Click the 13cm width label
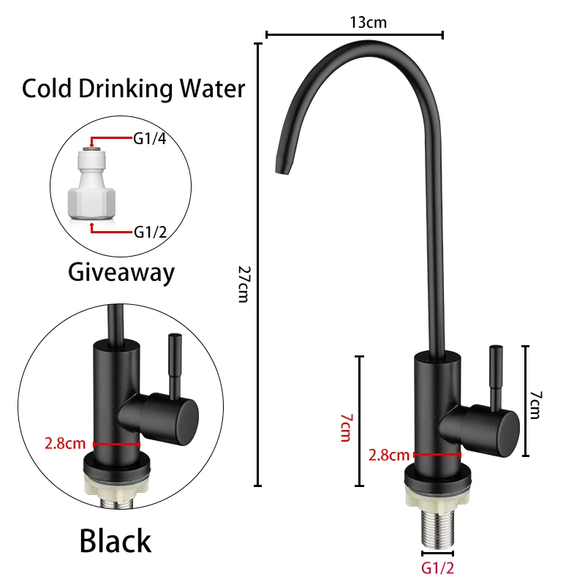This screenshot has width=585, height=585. pos(368,22)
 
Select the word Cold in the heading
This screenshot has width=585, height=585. pos(48,89)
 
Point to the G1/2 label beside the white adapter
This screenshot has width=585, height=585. pos(148,232)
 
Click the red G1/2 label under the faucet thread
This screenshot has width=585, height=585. pos(438,567)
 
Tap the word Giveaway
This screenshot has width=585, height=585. pos(121,272)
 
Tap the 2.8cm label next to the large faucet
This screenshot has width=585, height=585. pos(389,455)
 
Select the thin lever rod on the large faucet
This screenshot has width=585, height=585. pos(495,373)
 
